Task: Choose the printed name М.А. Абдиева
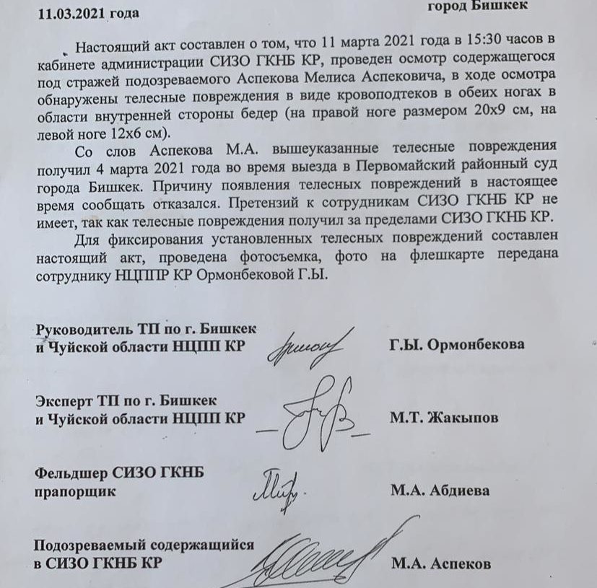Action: (x=440, y=491)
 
